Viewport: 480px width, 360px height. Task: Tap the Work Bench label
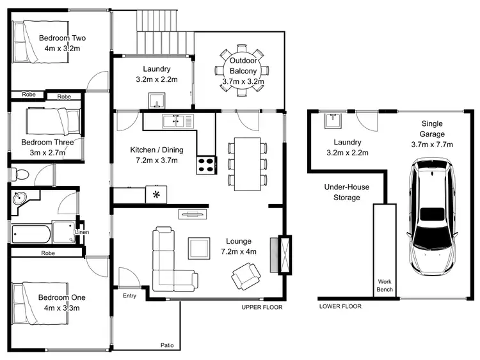coord(385,285)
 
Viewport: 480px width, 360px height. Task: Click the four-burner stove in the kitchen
coord(206,165)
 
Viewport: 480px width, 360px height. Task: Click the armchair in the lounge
coord(246,275)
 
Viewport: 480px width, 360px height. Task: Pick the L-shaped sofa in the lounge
coord(168,262)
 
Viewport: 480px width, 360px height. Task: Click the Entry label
coord(129,295)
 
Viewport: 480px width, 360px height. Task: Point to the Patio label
coord(167,345)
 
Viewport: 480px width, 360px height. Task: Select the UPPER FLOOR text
coord(262,307)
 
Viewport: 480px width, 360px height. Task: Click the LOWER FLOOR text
coord(340,306)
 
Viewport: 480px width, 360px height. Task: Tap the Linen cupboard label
coord(82,231)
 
